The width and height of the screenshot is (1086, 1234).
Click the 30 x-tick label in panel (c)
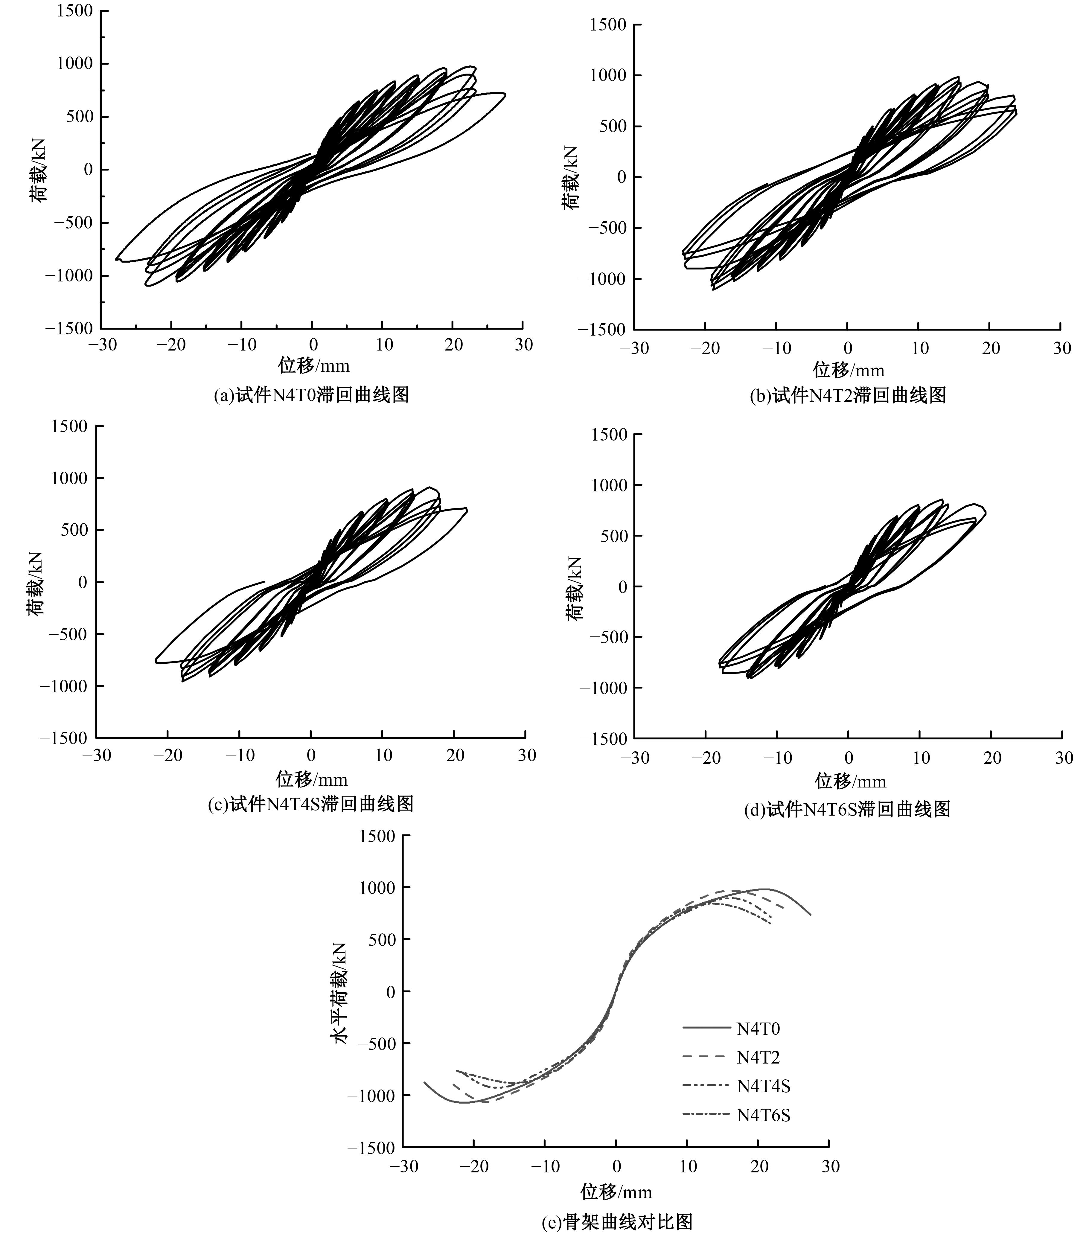(x=526, y=755)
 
